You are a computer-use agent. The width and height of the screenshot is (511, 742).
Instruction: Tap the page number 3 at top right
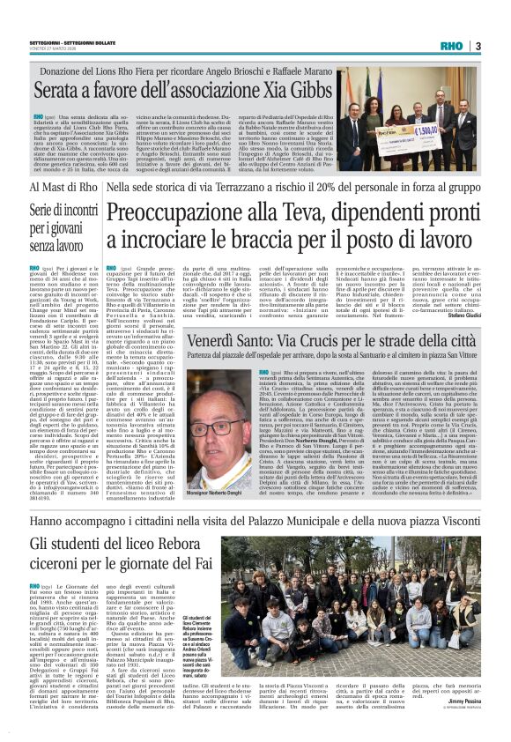pyautogui.click(x=477, y=46)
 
